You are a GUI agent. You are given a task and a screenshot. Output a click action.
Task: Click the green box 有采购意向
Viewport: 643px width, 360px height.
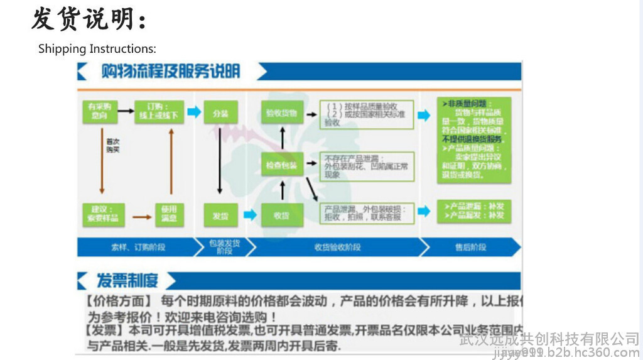click(99, 111)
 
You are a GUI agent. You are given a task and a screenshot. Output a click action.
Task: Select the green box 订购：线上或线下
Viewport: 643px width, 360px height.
click(159, 111)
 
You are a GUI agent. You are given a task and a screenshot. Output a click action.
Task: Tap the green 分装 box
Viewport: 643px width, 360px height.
click(220, 113)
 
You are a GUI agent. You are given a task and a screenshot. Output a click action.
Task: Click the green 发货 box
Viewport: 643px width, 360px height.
click(220, 215)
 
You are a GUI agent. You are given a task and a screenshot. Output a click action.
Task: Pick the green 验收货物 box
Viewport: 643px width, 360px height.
click(282, 113)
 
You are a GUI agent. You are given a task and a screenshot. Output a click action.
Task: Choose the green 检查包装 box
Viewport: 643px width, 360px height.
click(282, 165)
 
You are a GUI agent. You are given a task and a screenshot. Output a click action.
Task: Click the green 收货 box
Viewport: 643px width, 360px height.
click(282, 215)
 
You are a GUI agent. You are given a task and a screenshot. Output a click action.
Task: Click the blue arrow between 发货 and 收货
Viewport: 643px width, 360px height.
click(250, 215)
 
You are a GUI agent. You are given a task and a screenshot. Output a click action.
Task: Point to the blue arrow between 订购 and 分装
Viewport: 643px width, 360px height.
click(194, 112)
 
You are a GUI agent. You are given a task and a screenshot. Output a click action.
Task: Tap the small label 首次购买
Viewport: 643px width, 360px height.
click(113, 146)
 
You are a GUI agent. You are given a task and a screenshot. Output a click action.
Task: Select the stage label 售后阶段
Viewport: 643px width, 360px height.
click(471, 247)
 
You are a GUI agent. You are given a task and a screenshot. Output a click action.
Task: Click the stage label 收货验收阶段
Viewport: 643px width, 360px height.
click(338, 247)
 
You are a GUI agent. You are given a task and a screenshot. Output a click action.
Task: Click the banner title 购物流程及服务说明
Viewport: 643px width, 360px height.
click(171, 71)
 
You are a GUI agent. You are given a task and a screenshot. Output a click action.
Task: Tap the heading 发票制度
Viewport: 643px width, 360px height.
click(127, 280)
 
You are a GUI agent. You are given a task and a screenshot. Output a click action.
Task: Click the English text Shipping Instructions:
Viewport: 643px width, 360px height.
click(97, 48)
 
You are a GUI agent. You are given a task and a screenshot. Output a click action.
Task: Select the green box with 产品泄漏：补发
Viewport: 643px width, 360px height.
click(473, 210)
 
